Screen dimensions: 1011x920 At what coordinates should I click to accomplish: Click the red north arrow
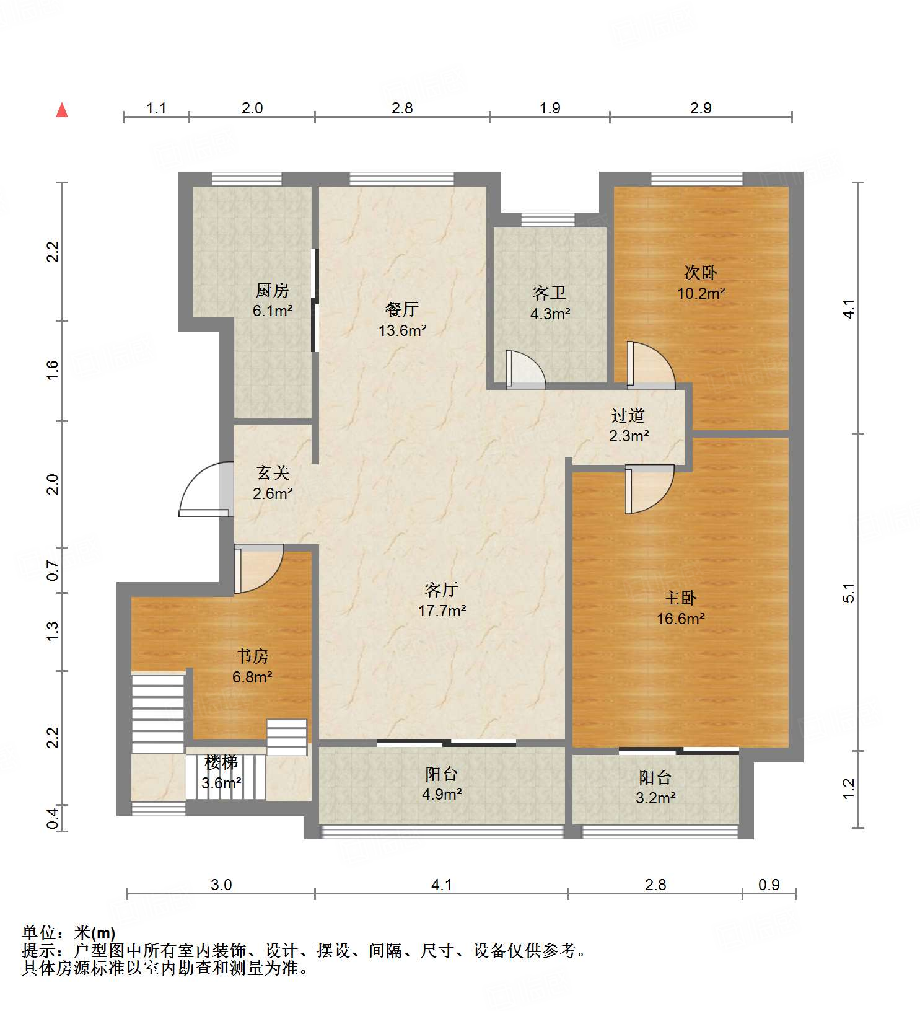click(x=62, y=110)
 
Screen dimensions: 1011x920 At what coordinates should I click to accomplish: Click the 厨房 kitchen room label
click(x=273, y=290)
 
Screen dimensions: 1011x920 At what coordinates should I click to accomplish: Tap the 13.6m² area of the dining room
click(x=403, y=330)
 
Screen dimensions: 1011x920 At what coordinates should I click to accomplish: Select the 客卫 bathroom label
click(x=550, y=293)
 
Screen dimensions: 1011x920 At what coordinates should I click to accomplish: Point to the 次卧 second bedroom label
click(x=701, y=272)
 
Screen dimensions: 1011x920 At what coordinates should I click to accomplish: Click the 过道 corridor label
click(x=628, y=415)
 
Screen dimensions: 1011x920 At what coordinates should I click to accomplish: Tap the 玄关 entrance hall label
click(x=273, y=473)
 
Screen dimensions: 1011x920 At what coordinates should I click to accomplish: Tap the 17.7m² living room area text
click(x=442, y=611)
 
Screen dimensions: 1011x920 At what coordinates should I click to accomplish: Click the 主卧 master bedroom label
click(x=680, y=598)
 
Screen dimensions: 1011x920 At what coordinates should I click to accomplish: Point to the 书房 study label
click(x=252, y=656)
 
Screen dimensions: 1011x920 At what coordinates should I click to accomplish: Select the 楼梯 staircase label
click(x=221, y=762)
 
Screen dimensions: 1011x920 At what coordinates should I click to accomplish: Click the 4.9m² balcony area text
click(x=442, y=794)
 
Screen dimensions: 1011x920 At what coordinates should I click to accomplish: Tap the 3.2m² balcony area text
click(x=655, y=798)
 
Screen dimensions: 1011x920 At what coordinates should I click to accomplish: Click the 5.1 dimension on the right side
click(x=849, y=593)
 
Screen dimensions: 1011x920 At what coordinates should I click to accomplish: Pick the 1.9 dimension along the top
click(x=550, y=108)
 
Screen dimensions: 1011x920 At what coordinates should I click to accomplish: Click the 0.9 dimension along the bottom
click(x=769, y=885)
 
